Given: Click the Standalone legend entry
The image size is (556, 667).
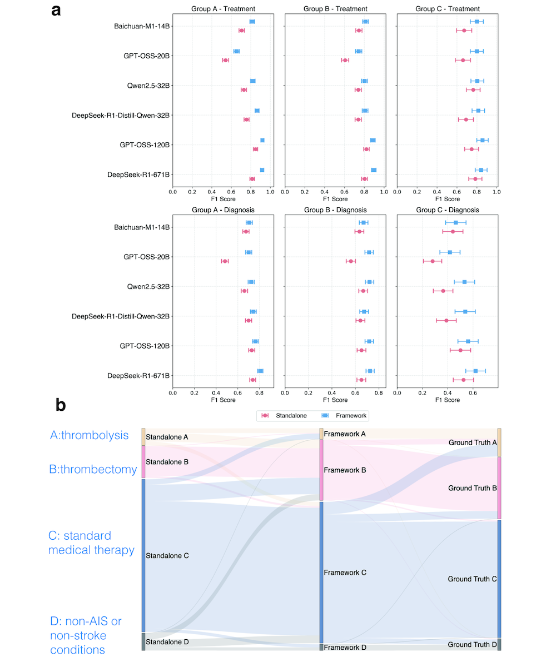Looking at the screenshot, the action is point(284,416).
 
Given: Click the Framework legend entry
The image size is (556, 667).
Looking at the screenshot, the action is point(344,416).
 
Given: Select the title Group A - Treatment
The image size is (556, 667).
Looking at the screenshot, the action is point(223,9).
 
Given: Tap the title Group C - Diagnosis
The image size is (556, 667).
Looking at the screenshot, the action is point(448,210).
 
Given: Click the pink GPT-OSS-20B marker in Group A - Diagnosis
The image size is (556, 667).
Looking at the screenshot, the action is point(225,261).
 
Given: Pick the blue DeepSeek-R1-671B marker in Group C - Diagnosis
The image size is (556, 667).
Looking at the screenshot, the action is point(475,371).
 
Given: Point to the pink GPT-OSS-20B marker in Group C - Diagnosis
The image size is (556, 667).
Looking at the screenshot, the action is point(433,261).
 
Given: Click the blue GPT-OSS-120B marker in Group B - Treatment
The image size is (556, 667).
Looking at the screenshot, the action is point(373,140).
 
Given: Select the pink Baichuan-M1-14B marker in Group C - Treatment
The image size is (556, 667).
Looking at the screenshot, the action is point(464,31).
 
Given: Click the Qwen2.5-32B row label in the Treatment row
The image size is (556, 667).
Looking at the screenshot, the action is point(148,86).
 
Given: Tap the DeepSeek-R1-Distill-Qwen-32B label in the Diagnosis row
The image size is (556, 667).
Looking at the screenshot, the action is point(121,316).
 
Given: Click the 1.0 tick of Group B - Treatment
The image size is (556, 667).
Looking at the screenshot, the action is point(384,192).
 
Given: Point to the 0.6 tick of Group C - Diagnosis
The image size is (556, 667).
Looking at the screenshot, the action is point(473,393).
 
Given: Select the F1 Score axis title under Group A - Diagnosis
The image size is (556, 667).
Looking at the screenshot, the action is point(223,400).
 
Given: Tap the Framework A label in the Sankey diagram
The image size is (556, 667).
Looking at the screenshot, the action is point(345,434).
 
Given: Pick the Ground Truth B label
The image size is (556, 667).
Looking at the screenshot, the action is point(472,488).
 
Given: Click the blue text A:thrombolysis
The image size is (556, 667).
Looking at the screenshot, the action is point(89,435).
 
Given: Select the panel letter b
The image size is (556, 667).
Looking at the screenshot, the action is point(61,405).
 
